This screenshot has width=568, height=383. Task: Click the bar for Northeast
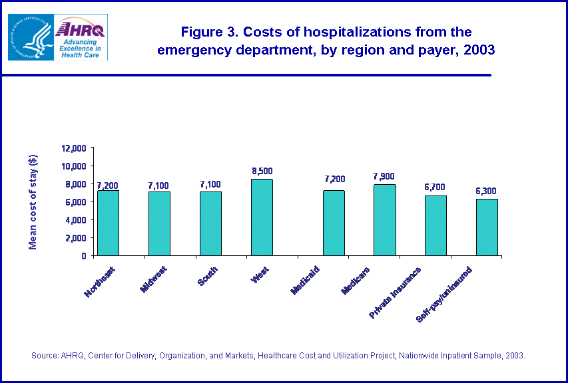108,223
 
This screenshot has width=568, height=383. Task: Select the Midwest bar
159,223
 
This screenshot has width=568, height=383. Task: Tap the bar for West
262,217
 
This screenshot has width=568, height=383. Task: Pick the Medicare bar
385,219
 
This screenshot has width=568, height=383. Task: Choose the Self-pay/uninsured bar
487,227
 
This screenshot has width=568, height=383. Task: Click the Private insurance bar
435,225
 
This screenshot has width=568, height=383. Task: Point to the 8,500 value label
262,171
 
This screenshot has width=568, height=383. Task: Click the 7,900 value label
385,176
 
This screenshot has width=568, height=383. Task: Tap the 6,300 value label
487,191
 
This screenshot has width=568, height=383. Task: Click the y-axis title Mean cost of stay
33,201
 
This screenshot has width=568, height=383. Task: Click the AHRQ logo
81,37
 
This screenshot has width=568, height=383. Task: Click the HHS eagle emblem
31,37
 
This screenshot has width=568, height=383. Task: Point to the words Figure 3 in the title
207,32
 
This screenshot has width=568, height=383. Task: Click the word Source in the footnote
45,356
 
